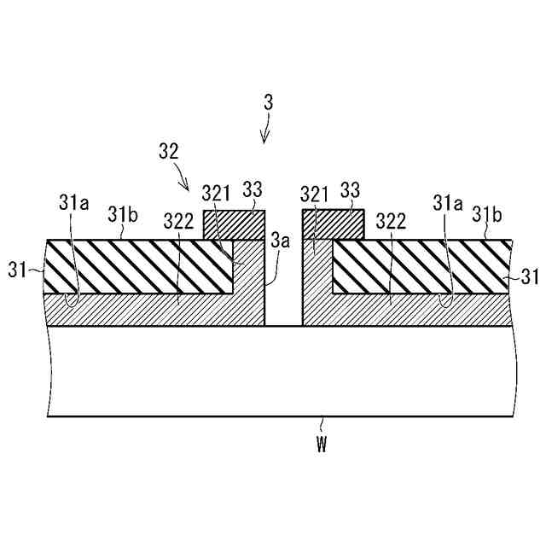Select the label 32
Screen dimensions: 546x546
[x=168, y=152]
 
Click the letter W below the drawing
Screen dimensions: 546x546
[x=322, y=445]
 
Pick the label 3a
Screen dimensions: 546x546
[x=281, y=241]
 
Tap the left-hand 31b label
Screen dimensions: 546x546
[x=122, y=213]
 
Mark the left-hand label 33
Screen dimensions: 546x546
[x=253, y=189]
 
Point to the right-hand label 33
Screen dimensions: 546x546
[x=350, y=189]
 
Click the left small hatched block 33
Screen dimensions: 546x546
[x=234, y=224]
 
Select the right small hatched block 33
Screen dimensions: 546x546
[x=333, y=224]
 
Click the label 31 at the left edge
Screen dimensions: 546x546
[x=18, y=271]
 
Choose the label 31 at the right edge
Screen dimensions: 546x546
[x=529, y=277]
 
